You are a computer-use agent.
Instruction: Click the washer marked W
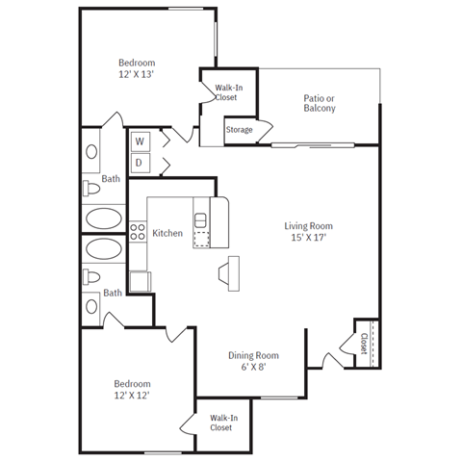140,141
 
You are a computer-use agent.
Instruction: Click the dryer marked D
140,163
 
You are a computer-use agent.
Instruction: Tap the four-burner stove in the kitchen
137,232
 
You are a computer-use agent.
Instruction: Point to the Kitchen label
167,233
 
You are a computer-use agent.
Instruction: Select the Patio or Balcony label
319,103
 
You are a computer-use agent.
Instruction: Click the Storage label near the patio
240,130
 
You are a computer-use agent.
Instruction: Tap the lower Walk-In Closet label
223,423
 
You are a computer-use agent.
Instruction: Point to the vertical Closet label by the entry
364,344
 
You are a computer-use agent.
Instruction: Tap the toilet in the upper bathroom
90,186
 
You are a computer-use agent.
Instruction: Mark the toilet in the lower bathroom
90,277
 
